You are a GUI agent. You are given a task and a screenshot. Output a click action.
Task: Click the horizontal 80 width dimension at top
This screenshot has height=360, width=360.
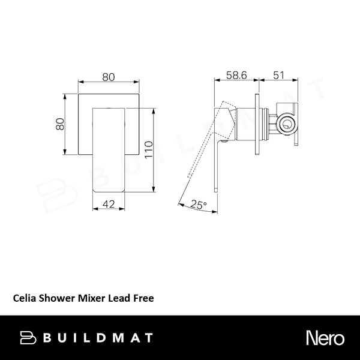click(x=109, y=77)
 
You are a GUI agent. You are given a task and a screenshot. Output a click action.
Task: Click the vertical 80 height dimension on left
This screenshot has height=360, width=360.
click(x=59, y=124)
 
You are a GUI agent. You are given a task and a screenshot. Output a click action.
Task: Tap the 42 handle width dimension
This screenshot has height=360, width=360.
click(x=109, y=204)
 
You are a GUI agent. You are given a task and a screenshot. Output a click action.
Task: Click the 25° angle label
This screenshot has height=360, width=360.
click(x=199, y=205)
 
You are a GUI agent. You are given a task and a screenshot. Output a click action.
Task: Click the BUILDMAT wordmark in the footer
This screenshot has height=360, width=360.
click(x=100, y=337)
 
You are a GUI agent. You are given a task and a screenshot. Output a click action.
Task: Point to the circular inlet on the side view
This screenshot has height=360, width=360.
click(x=286, y=126)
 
